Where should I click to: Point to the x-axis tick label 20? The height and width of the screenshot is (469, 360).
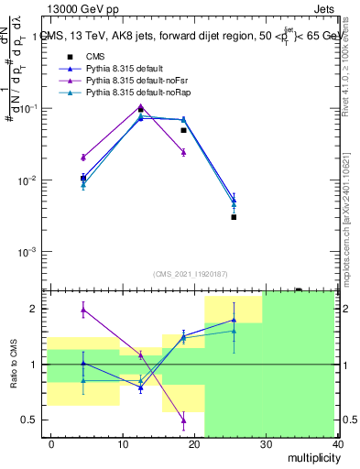tap(194, 443)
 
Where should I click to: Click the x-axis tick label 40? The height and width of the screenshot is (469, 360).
tap(338, 443)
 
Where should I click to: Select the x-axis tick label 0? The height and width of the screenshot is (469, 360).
tap(51, 443)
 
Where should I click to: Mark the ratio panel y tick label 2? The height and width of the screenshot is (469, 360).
tap(35, 309)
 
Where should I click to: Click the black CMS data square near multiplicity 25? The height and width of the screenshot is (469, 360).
tap(234, 217)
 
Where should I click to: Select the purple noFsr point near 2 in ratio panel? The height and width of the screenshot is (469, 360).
tap(83, 310)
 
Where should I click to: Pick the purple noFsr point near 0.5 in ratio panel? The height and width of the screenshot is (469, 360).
tap(183, 421)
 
